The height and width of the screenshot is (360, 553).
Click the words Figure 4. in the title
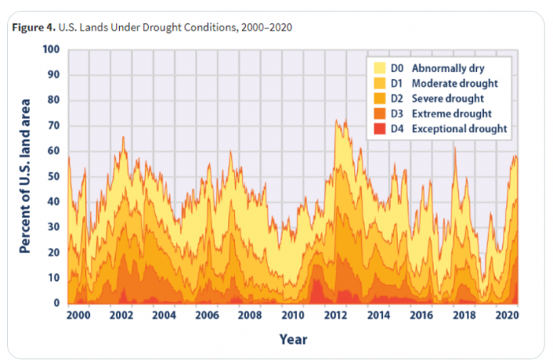[x=33, y=28]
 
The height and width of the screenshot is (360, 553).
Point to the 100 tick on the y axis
[x=51, y=50]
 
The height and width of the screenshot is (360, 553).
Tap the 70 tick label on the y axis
[x=54, y=126]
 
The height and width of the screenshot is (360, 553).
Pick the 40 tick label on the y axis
[x=54, y=202]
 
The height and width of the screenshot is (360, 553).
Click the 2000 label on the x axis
[x=79, y=316]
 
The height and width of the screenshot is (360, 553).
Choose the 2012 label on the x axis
[x=334, y=316]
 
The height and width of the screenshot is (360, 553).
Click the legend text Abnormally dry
[x=448, y=68]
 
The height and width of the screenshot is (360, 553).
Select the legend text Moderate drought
[x=455, y=83]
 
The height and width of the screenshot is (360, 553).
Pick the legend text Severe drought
[x=448, y=98]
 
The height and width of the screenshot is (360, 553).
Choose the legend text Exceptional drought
[x=459, y=129]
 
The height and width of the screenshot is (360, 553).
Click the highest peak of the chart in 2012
[x=336, y=121]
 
